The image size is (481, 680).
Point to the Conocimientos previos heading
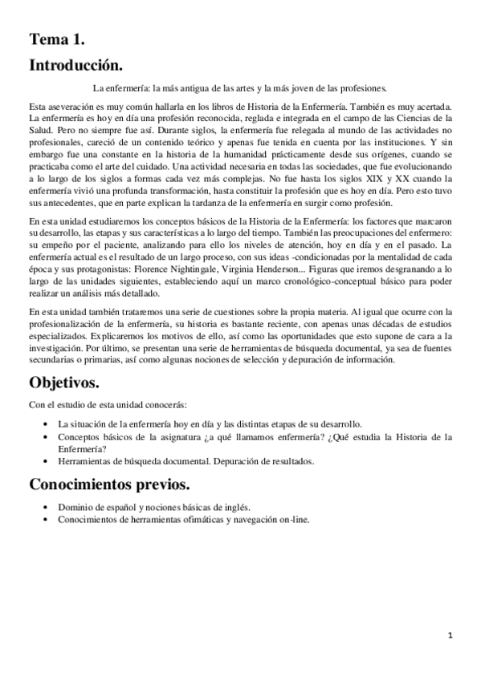click(109, 484)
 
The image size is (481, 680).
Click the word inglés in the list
click(234, 507)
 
